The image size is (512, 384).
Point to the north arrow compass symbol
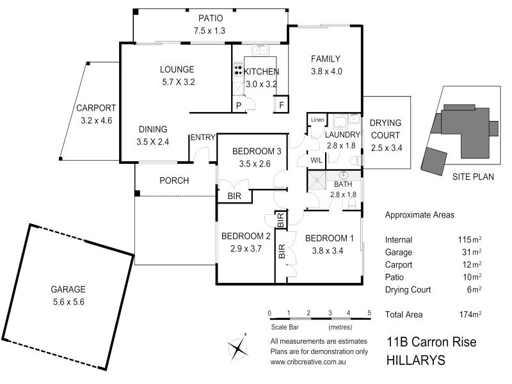coord(239,348)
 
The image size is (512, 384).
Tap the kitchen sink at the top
coord(260,50)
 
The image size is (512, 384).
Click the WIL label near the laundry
coord(316,160)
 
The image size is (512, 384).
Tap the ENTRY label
coord(202,138)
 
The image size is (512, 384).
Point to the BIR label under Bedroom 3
coord(234,196)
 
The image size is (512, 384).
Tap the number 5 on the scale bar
coord(369,313)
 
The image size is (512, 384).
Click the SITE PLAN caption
coord(473,177)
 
